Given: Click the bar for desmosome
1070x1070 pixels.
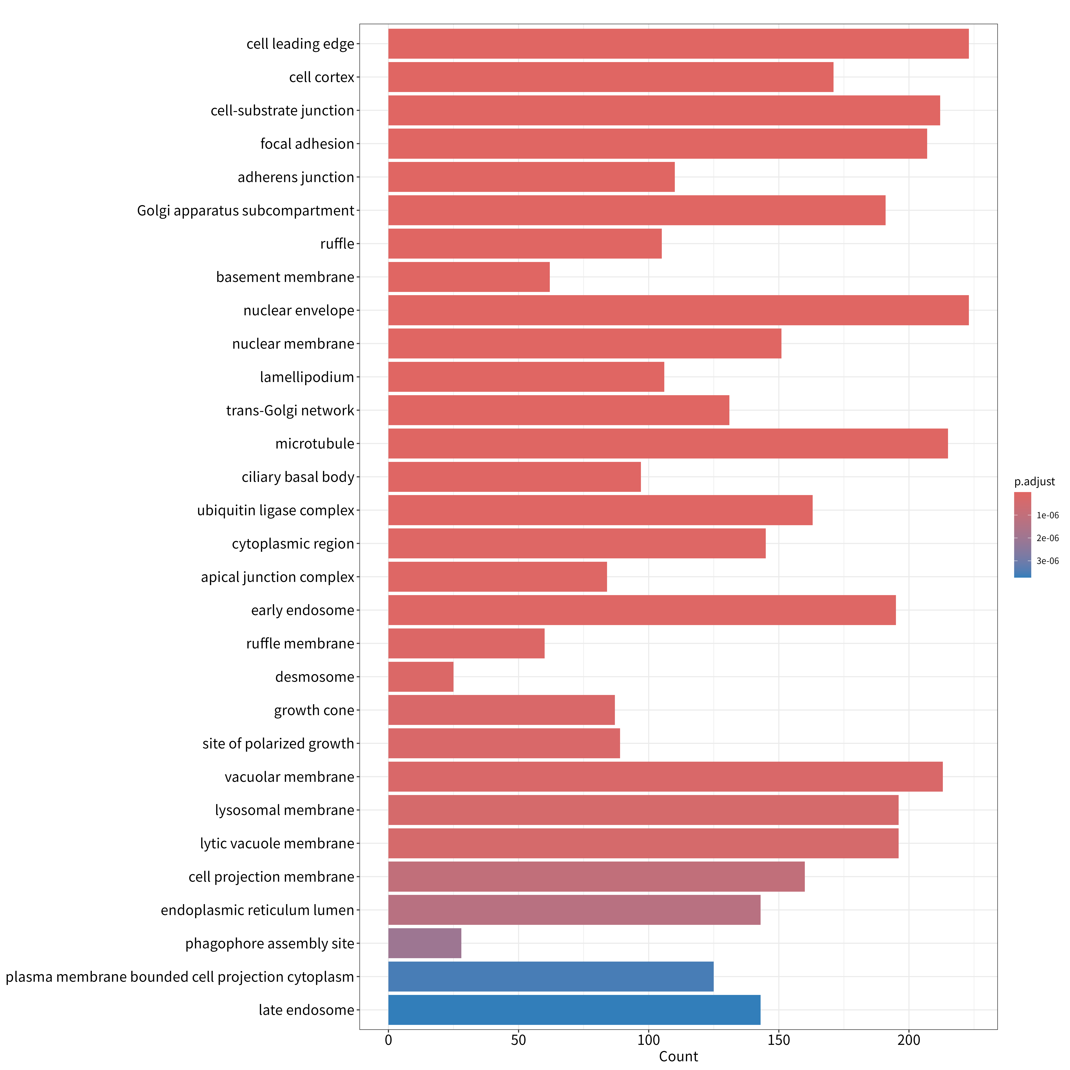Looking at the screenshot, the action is [421, 677].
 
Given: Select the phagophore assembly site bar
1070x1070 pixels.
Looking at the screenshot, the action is [425, 943].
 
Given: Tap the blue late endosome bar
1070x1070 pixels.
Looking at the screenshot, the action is [574, 1010].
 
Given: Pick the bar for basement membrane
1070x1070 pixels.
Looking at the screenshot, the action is [469, 277].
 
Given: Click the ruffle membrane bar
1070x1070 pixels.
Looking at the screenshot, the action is [466, 644].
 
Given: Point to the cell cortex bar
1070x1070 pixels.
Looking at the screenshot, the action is [611, 77].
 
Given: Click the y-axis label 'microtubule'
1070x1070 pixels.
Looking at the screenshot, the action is [315, 444].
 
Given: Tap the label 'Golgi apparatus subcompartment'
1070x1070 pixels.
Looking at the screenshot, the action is [245, 210].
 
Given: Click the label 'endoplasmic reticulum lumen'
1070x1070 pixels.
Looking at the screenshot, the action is [258, 910].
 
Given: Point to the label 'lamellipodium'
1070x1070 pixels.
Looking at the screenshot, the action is [307, 377].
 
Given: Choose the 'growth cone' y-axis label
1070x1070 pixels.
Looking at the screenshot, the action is [314, 710].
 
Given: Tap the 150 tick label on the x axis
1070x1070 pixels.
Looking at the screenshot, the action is [779, 1040].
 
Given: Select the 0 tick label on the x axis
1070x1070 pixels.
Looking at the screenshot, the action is [388, 1040].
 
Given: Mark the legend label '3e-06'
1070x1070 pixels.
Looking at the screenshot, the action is [1047, 561].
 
